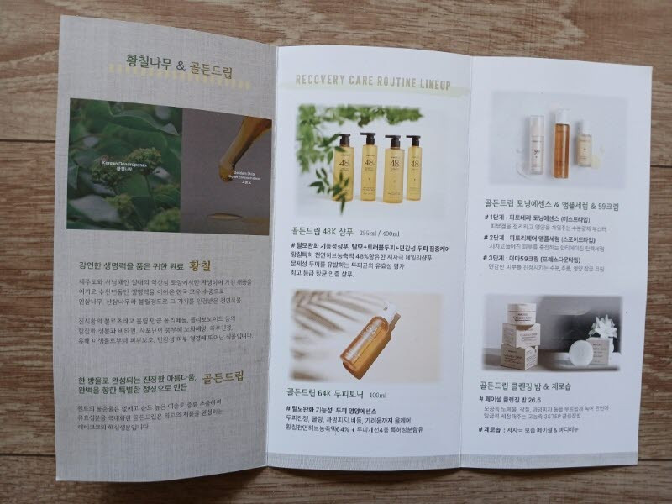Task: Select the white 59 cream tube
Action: (537, 143)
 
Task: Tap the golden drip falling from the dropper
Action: (227, 168)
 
